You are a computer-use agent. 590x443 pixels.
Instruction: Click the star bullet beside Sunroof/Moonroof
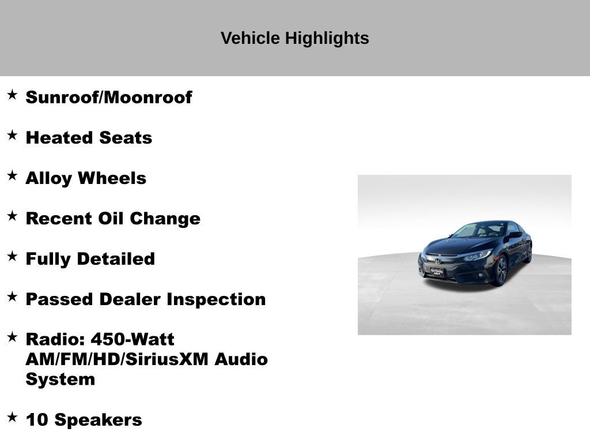click(12, 95)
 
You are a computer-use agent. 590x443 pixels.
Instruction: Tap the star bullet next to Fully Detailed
click(12, 257)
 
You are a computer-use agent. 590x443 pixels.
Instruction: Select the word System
click(60, 380)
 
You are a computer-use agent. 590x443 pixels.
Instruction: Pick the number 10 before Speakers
click(37, 420)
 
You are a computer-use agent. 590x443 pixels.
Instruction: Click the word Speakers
click(98, 420)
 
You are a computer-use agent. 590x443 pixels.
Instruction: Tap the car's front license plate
click(436, 272)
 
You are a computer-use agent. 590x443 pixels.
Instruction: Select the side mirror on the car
click(512, 236)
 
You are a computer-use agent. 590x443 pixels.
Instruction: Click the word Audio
click(241, 359)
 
